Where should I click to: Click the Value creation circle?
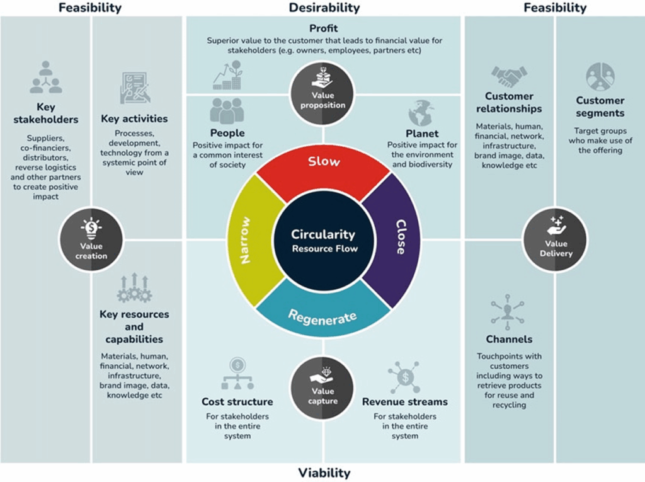tap(91, 240)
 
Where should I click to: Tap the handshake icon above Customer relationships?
tap(509, 77)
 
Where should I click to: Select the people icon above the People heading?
tap(227, 112)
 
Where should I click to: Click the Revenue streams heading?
tap(405, 401)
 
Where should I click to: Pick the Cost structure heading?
tap(237, 401)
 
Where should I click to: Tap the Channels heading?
tap(509, 339)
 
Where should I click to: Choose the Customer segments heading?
tap(600, 107)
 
